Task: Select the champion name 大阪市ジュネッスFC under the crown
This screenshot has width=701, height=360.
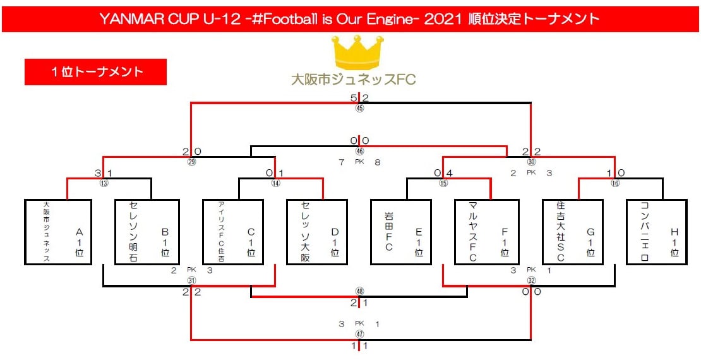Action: [353, 80]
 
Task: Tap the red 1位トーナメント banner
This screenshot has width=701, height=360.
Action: [95, 72]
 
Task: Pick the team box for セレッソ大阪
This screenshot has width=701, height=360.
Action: [316, 232]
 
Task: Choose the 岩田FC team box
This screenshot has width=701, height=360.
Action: [401, 232]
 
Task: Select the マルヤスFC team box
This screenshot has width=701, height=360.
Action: [486, 232]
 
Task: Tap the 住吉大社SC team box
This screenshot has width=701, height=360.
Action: [572, 232]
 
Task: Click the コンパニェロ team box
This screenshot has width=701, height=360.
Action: [657, 232]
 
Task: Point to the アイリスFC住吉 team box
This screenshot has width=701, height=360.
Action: [232, 232]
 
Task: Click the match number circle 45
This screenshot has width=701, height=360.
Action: [359, 108]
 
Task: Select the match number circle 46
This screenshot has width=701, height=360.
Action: [359, 152]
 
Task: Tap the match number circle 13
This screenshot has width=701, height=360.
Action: [104, 183]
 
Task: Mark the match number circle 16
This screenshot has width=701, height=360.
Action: [616, 183]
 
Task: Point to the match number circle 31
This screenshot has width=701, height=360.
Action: [191, 280]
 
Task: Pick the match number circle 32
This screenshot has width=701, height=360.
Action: [530, 280]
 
